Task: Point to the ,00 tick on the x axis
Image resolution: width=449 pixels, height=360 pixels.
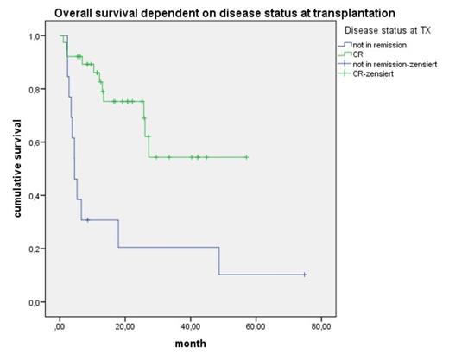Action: click(x=60, y=325)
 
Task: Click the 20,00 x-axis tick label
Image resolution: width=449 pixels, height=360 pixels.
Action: click(x=124, y=325)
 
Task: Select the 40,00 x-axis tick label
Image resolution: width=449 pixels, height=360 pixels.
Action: click(x=190, y=325)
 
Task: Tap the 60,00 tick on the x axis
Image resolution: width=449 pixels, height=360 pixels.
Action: click(x=256, y=325)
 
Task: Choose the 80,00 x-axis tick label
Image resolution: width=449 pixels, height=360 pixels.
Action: click(x=321, y=325)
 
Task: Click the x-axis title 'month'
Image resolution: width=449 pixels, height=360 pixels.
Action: click(x=190, y=344)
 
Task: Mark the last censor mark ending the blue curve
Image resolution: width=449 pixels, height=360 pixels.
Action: click(x=305, y=275)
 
